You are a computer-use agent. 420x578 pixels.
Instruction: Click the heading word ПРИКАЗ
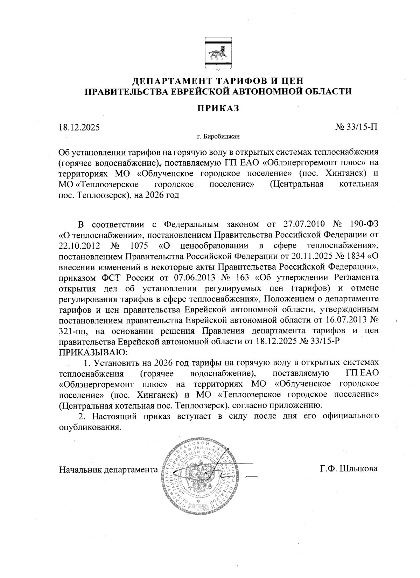coord(217,108)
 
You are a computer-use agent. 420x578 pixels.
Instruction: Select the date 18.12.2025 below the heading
coord(79,127)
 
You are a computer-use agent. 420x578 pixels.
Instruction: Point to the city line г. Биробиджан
coord(218,137)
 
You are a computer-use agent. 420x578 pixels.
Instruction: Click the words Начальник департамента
coord(109,469)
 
